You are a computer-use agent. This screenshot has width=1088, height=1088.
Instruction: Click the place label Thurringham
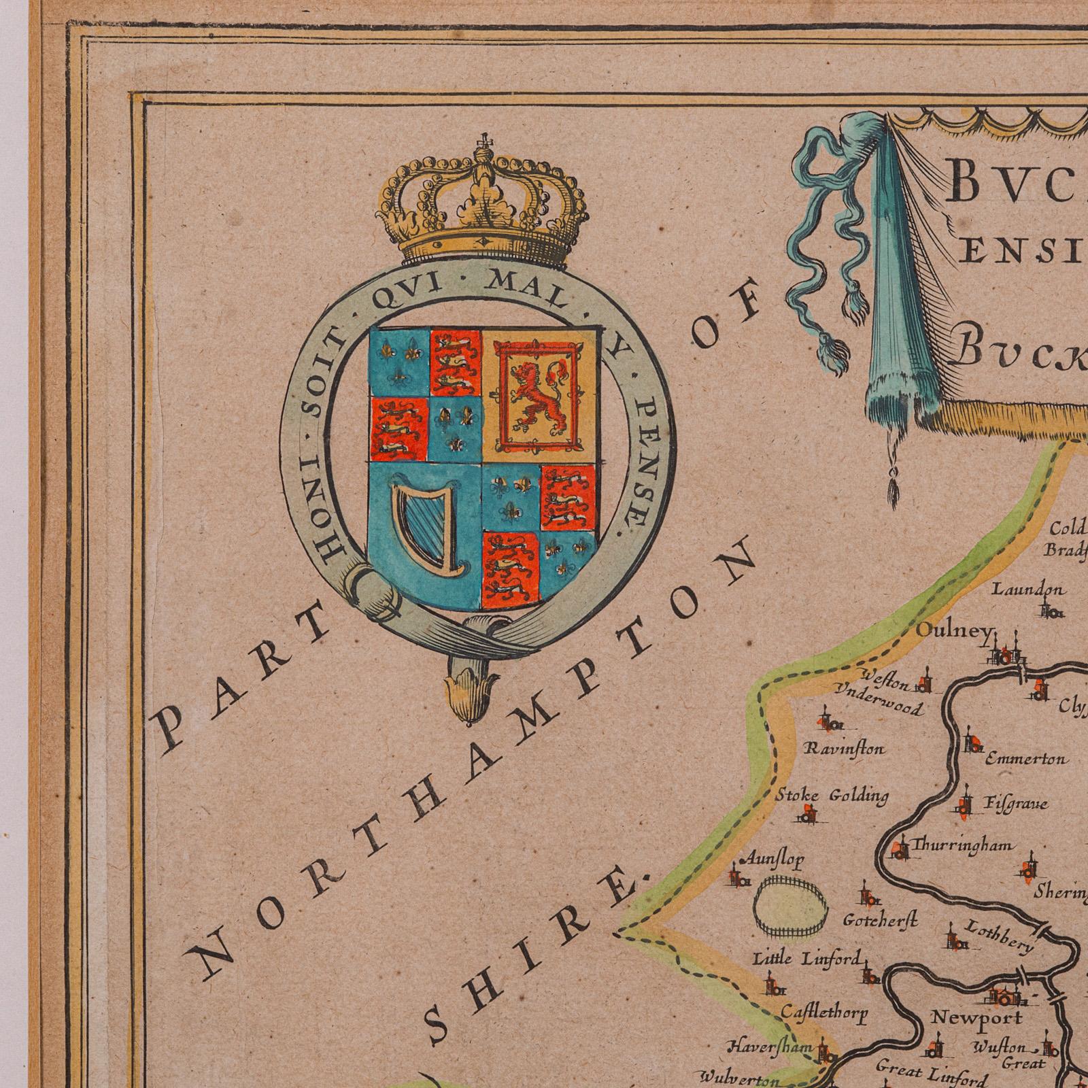point(960,846)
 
